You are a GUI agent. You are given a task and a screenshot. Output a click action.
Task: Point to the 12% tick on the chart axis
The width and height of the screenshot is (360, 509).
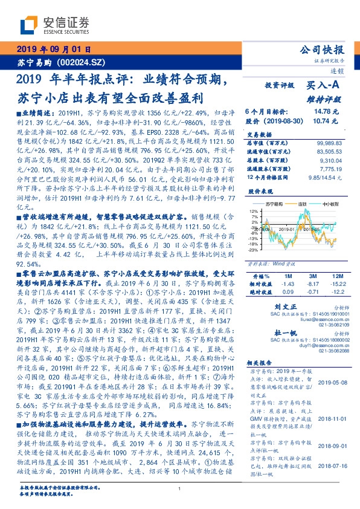tap(253, 210)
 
